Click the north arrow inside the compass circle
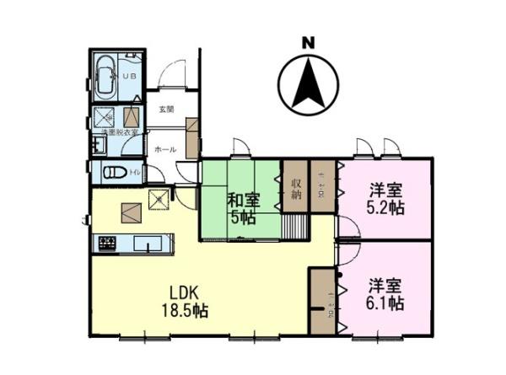pyautogui.click(x=307, y=85)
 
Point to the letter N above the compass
pyautogui.click(x=308, y=41)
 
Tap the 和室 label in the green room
pyautogui.click(x=242, y=201)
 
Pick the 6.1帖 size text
pyautogui.click(x=385, y=301)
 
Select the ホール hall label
pyautogui.click(x=165, y=149)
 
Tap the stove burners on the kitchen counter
pyautogui.click(x=107, y=244)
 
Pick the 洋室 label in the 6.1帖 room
pyautogui.click(x=385, y=284)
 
